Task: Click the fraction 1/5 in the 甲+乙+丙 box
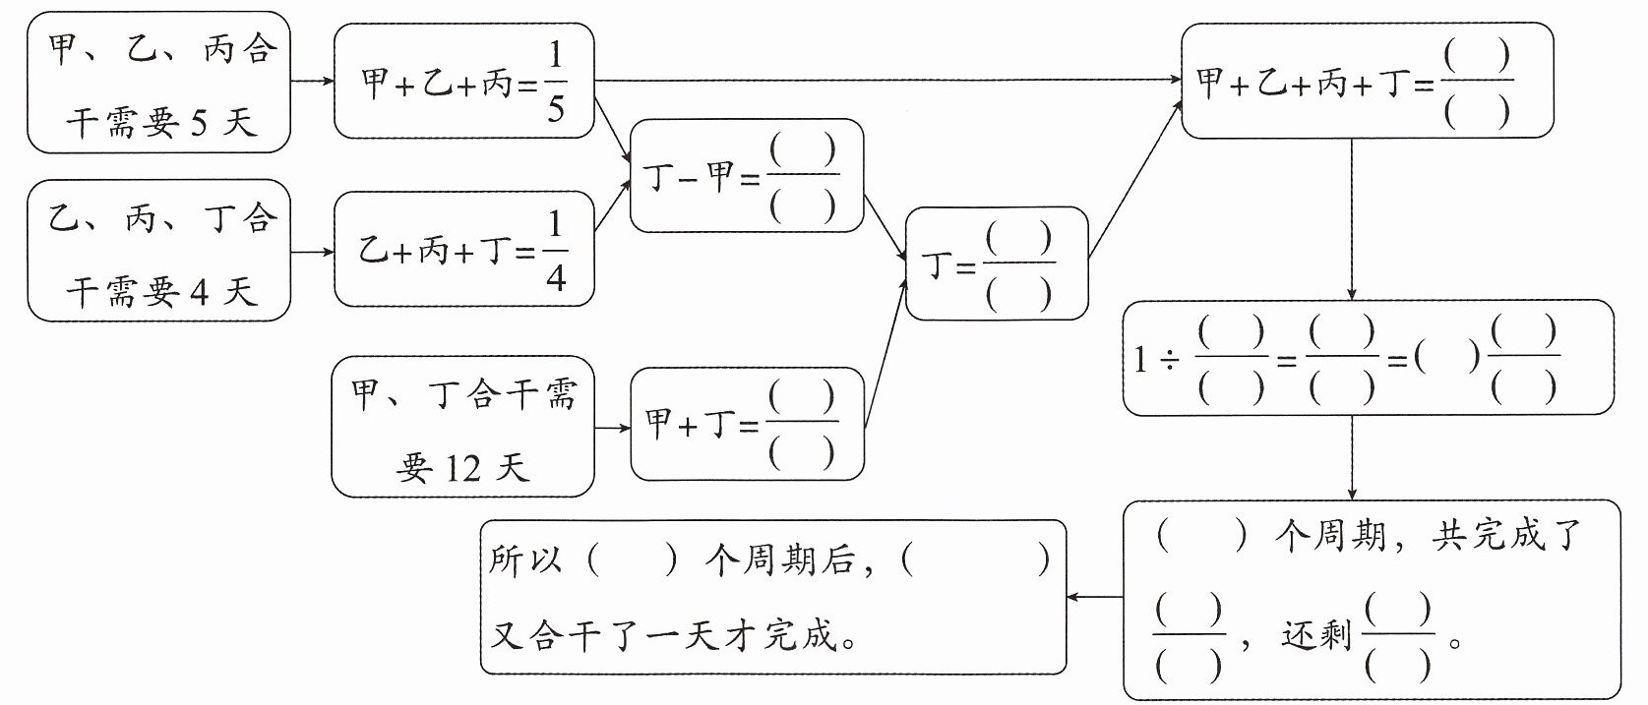tap(556, 81)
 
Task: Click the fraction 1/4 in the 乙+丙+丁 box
tap(556, 251)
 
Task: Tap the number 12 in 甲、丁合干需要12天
tap(462, 468)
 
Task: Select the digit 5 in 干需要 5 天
tap(198, 124)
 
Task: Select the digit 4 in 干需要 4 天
tap(199, 293)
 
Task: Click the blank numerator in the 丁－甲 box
tap(803, 150)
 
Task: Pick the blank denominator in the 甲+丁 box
tap(801, 452)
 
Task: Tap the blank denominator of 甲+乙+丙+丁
tap(1477, 112)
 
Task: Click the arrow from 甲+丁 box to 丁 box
tap(885, 353)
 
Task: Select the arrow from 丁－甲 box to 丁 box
tap(885, 228)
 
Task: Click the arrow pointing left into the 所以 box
tap(1095, 597)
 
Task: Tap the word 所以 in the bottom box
tap(525, 560)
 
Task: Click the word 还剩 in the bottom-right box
tap(1316, 635)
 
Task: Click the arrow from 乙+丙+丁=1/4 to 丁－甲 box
tap(613, 205)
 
